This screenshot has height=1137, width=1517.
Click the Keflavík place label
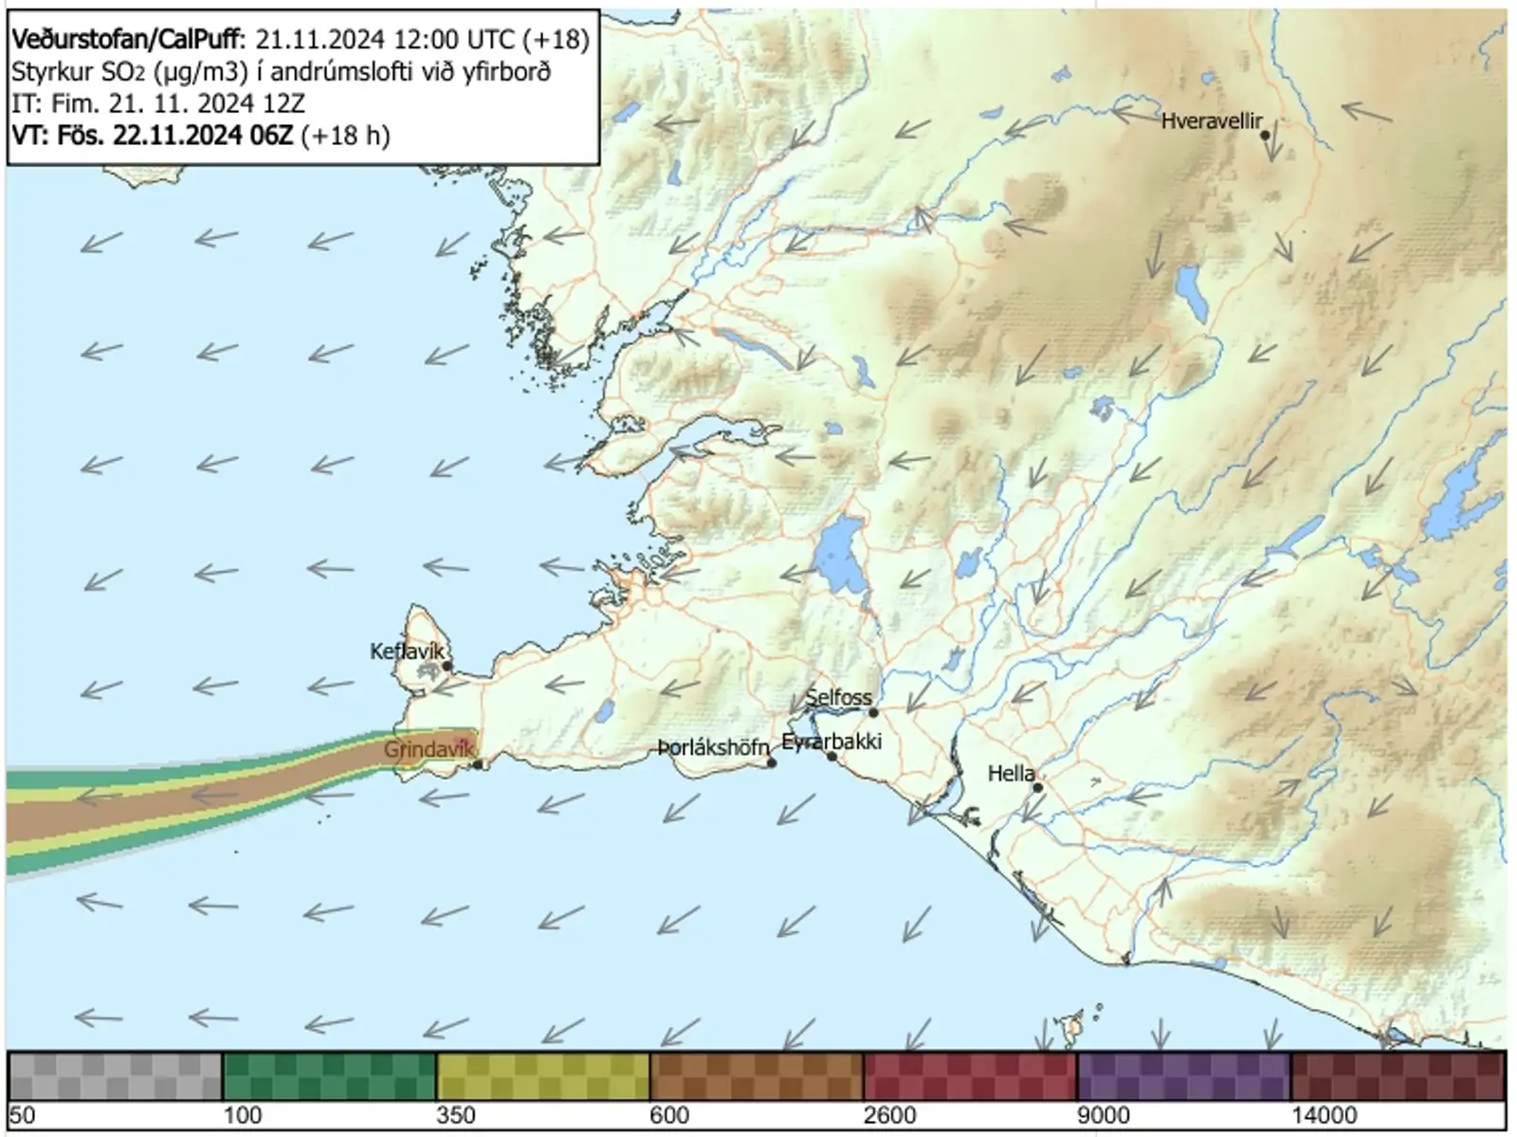click(x=407, y=651)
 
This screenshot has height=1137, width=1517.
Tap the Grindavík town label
click(x=428, y=750)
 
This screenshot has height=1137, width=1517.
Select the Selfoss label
click(x=838, y=698)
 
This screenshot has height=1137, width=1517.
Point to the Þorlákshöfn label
click(x=712, y=748)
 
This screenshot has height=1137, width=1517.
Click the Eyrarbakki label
click(x=832, y=741)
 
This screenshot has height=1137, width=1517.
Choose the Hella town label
click(x=1011, y=774)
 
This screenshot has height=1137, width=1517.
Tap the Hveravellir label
click(x=1212, y=121)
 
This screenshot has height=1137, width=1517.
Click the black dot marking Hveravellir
click(x=1265, y=136)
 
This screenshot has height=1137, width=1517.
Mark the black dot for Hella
click(x=1038, y=787)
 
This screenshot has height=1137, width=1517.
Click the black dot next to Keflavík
click(x=447, y=666)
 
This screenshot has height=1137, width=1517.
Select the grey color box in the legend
click(x=115, y=1076)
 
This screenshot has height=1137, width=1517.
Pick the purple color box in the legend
click(x=1183, y=1076)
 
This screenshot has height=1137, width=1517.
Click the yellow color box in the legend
click(x=543, y=1076)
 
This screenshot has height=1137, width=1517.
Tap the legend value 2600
click(x=889, y=1114)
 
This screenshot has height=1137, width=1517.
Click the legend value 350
click(x=455, y=1114)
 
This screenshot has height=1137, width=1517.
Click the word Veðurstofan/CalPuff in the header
click(x=127, y=39)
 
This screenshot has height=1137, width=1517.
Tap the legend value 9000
click(x=1104, y=1114)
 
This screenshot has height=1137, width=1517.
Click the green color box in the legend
click(x=329, y=1076)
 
